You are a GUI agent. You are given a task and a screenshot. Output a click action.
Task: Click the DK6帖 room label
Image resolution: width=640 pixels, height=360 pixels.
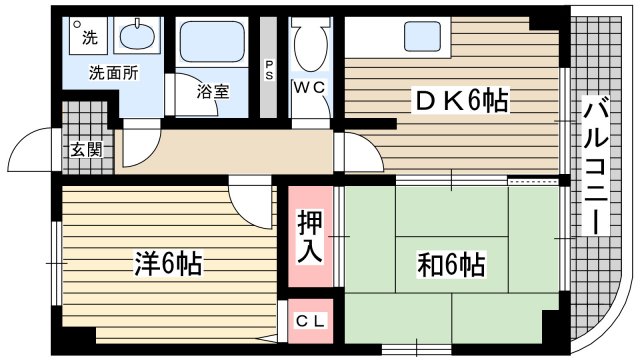coord(462,99)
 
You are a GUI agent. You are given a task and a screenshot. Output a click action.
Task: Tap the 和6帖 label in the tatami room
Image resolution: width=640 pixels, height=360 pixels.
coord(451,265)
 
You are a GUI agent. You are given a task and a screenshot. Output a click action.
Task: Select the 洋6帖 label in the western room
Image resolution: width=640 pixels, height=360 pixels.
coord(169,264)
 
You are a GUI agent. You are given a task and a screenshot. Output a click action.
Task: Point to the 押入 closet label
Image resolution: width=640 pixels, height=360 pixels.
coord(310,237)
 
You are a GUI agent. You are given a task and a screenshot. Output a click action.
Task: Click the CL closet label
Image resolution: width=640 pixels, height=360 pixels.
coord(310,320)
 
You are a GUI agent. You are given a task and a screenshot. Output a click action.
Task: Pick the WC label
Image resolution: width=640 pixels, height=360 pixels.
coord(309,88)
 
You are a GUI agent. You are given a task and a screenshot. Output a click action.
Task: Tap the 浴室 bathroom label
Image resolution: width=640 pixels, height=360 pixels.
coord(212,91)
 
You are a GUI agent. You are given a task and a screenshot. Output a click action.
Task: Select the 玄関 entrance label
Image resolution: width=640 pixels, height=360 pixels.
coord(84,152)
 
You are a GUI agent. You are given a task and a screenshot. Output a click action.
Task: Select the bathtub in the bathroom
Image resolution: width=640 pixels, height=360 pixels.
coord(212,45)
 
